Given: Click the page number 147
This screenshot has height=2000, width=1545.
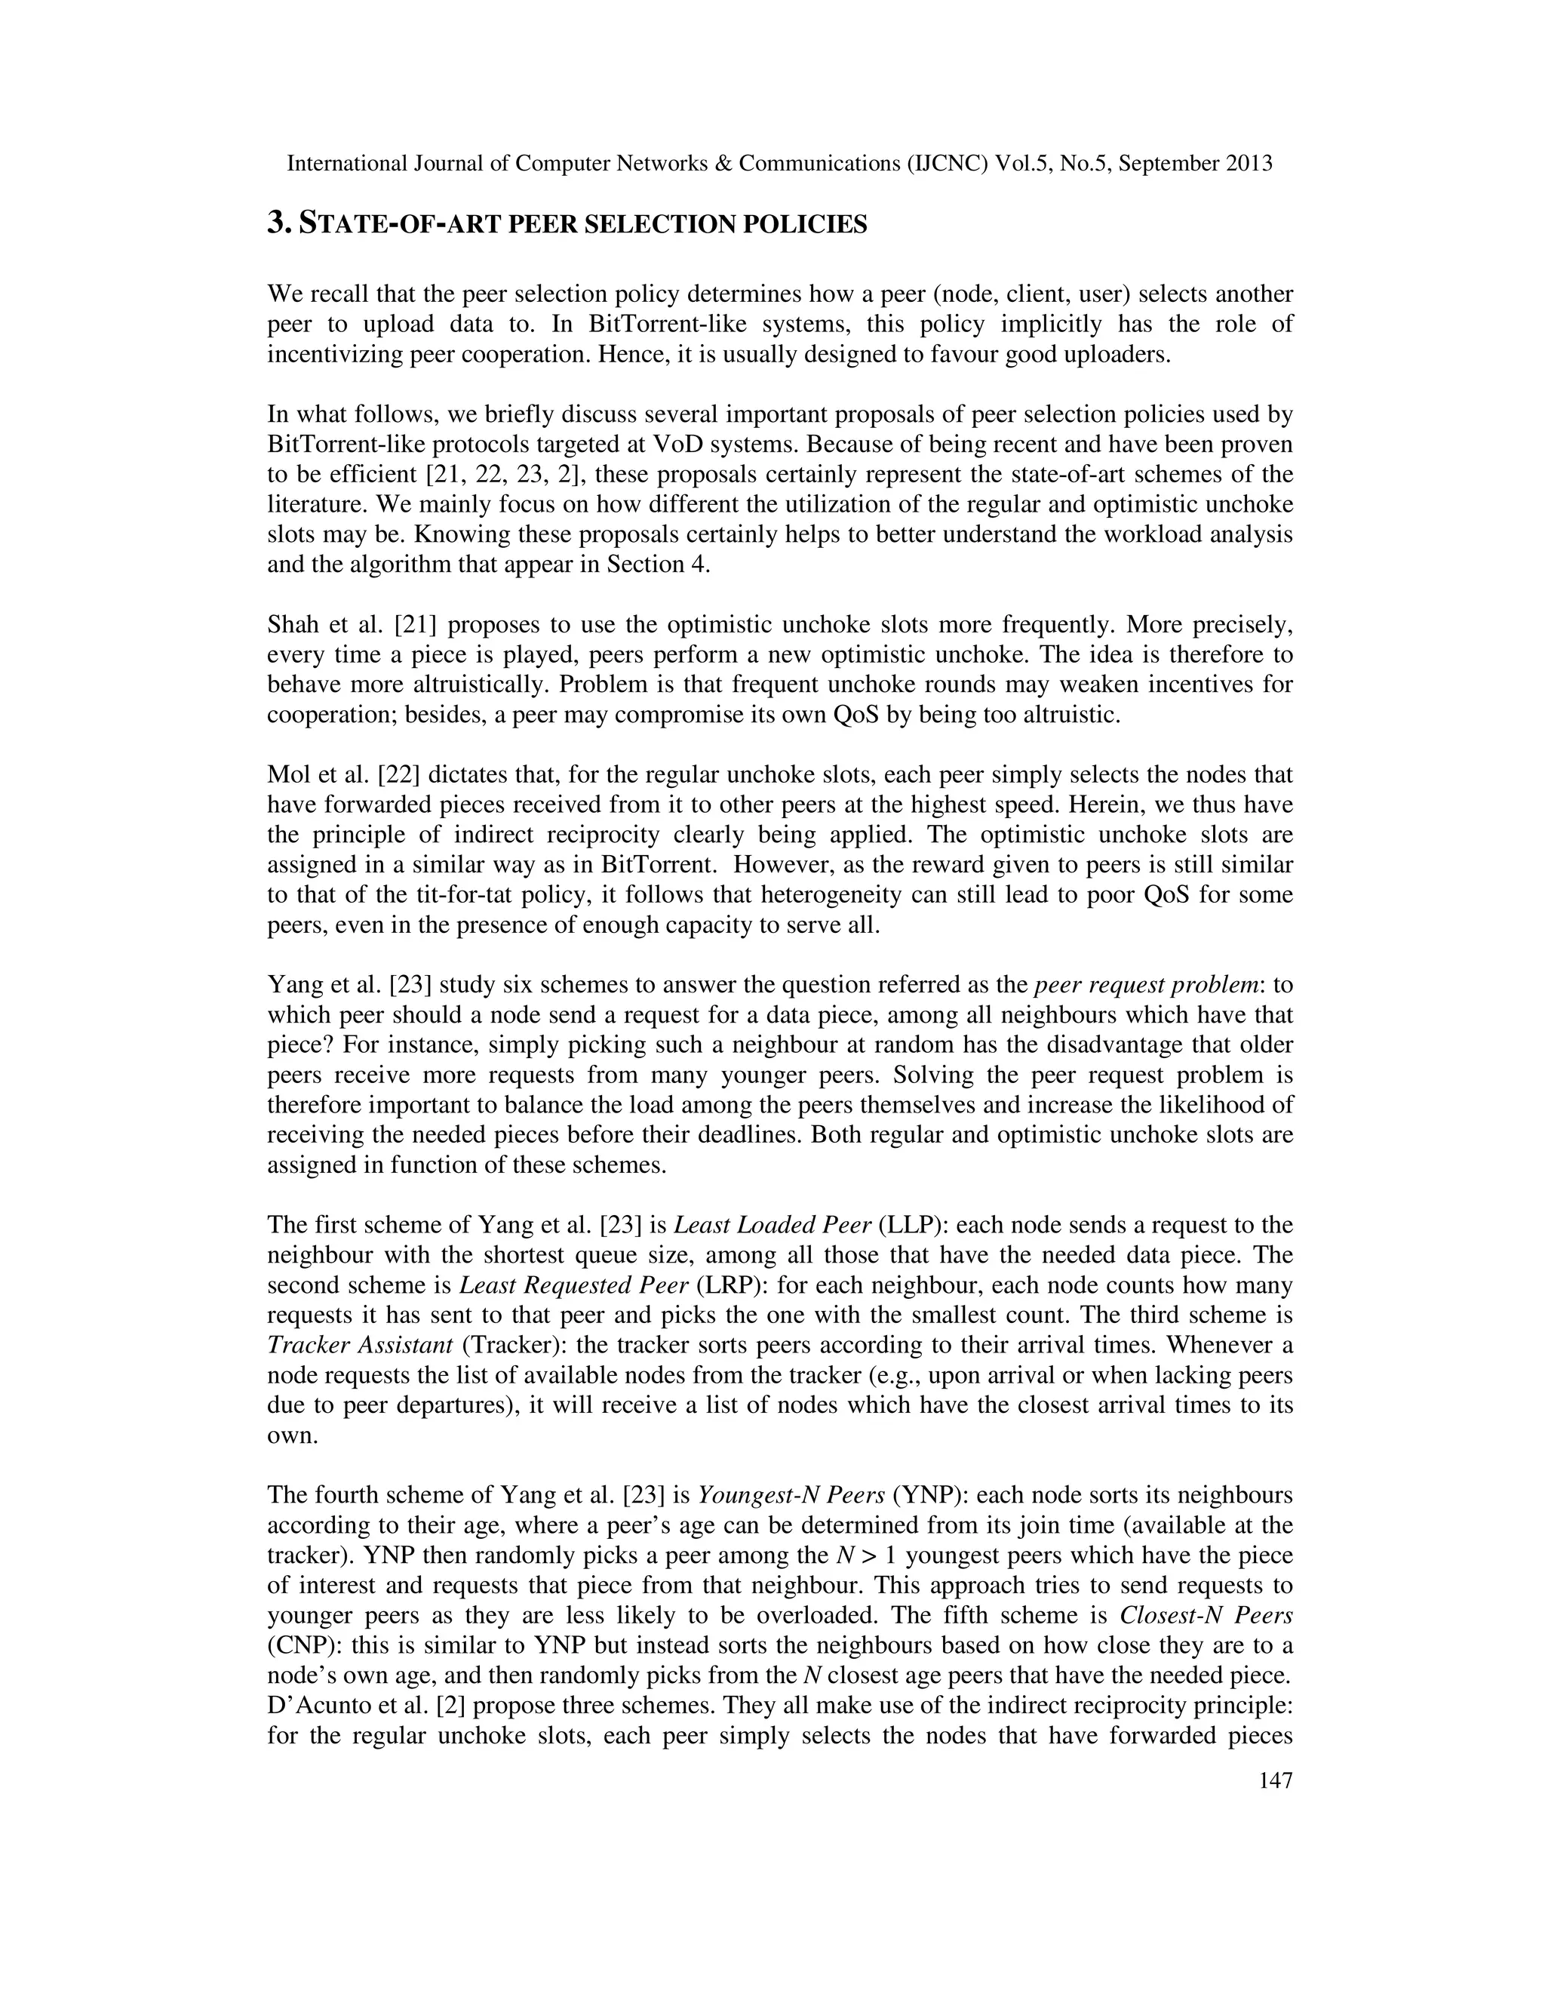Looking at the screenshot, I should point(1275,1780).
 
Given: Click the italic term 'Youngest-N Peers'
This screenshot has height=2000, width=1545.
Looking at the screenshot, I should point(791,1494).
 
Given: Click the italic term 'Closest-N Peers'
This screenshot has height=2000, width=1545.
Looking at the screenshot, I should point(1206,1614).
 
